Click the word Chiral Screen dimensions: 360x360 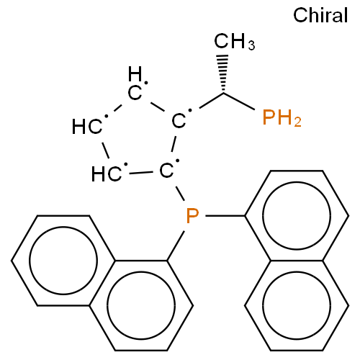coord(320,15)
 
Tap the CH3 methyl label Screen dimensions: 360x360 coord(235,41)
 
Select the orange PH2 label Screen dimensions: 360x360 coord(282,117)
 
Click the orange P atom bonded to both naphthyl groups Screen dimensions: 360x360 coord(192,216)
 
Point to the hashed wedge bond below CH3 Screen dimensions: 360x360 coord(223,73)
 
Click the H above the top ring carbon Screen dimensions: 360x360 coord(135,73)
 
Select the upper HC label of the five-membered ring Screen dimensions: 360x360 coord(87,127)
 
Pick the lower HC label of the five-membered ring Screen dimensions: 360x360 coord(107,174)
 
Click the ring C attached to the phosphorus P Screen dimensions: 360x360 coord(166,171)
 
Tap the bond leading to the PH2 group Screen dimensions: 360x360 coord(239,102)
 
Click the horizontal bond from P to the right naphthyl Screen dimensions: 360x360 coord(225,216)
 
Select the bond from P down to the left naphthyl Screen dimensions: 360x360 coord(176,246)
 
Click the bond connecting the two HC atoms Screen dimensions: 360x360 coord(106,150)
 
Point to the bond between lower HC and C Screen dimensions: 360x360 coord(141,173)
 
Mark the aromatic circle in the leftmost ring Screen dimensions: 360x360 coord(63,261)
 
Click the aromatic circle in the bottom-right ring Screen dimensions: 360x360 coord(297,305)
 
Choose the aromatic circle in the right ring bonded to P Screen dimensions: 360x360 coord(297,215)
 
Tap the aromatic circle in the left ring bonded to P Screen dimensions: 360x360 coord(141,305)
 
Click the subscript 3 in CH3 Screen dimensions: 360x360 coord(251,45)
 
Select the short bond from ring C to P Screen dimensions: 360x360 coord(180,194)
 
